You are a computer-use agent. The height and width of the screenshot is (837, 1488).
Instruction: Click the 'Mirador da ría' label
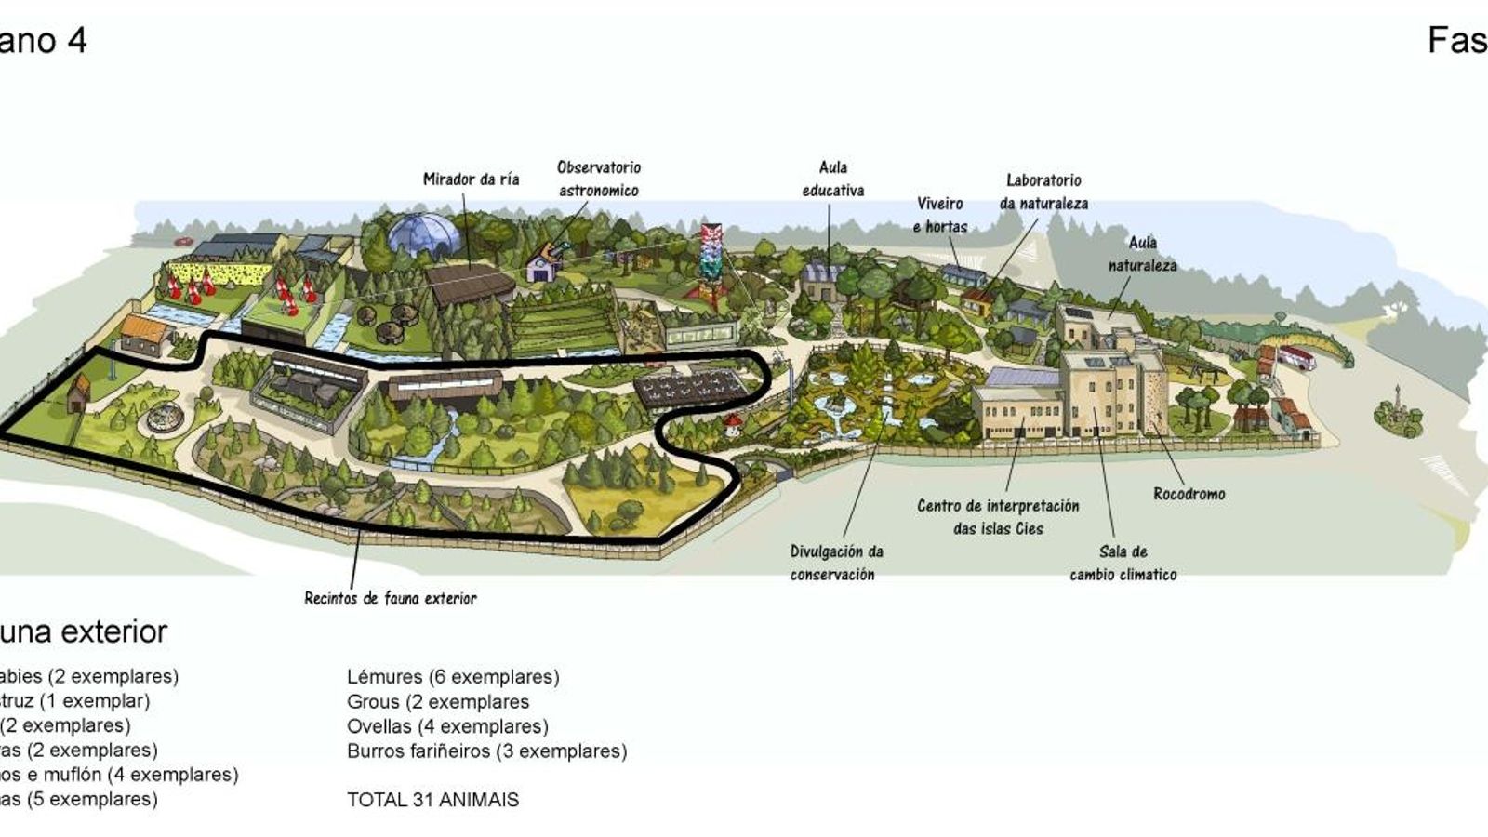click(471, 179)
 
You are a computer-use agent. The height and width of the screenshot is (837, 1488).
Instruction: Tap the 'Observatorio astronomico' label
click(599, 179)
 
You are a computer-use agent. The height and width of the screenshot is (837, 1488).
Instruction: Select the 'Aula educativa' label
click(832, 179)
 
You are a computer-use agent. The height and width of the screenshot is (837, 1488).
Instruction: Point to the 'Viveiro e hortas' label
click(939, 215)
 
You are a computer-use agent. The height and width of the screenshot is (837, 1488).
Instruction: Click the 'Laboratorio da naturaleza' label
click(1043, 192)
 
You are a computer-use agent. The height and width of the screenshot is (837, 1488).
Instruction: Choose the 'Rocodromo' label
click(1189, 494)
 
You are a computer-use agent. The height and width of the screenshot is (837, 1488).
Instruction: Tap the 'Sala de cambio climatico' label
click(1123, 563)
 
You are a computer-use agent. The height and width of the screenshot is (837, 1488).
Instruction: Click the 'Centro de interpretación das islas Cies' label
click(998, 517)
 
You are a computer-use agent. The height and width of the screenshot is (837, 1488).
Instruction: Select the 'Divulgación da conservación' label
click(836, 563)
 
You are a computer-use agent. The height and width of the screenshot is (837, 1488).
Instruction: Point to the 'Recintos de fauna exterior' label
click(391, 598)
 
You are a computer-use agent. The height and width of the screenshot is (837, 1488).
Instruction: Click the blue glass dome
click(424, 234)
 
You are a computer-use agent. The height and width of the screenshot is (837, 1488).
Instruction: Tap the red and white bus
click(1296, 357)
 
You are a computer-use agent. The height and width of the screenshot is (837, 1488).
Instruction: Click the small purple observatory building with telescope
click(542, 266)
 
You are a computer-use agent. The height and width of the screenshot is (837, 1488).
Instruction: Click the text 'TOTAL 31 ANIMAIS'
click(432, 800)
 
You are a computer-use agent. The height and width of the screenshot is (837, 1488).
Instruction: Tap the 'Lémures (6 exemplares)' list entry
click(453, 677)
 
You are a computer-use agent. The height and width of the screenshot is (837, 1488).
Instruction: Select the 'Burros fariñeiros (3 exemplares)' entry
click(486, 751)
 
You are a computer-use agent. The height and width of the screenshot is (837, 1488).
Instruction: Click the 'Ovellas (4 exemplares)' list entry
click(447, 726)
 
